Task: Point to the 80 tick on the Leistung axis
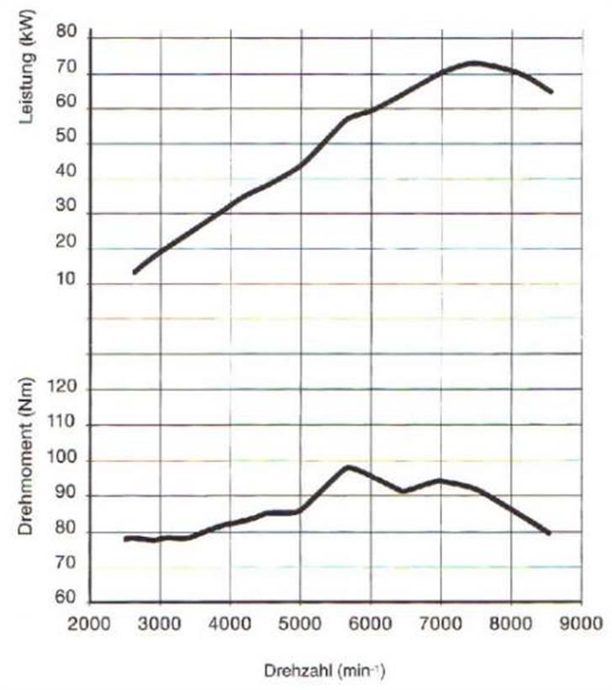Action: (67, 33)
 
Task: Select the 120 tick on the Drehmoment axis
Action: (64, 389)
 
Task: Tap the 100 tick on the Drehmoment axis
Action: (64, 461)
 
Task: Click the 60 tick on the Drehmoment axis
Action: (67, 601)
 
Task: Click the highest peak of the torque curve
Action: (348, 466)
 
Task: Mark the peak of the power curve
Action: (474, 62)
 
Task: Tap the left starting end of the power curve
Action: (135, 271)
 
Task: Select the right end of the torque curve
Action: (548, 533)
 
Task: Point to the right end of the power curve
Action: (551, 91)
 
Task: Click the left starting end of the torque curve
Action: (125, 538)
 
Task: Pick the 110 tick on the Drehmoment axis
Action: (64, 425)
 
